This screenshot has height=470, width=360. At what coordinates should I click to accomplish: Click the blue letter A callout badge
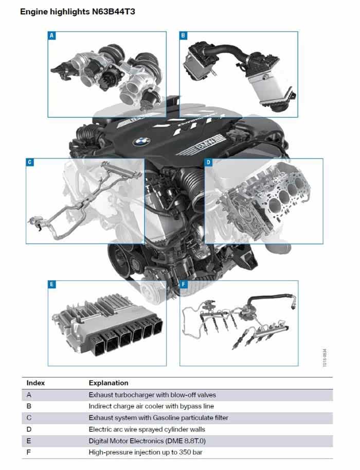point(52,36)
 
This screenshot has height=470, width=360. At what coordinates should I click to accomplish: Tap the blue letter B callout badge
point(183,36)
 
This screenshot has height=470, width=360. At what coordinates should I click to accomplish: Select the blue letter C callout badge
point(30,163)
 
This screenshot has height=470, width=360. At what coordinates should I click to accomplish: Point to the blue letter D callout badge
point(208,163)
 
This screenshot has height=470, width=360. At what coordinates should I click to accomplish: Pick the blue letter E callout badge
point(52,284)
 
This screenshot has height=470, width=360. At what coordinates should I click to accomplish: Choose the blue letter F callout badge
point(184,284)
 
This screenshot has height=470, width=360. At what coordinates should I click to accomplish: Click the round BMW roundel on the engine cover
point(141,142)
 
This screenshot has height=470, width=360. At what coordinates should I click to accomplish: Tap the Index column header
point(35,383)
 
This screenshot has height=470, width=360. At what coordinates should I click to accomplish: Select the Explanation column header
point(109,383)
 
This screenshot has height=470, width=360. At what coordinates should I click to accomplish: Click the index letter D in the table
point(29,429)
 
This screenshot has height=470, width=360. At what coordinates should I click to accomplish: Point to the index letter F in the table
point(29,452)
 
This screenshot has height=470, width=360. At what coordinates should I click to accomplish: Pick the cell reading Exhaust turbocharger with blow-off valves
point(152,395)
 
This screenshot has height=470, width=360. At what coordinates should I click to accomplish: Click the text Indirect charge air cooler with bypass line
point(151,406)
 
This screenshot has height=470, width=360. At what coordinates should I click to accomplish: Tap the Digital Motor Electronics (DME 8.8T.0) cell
point(147,441)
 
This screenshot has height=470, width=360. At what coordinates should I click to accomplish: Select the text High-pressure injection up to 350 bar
point(146,452)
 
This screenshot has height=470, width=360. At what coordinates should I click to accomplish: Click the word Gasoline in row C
point(166,417)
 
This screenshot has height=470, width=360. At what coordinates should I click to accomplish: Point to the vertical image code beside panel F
point(325,357)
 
